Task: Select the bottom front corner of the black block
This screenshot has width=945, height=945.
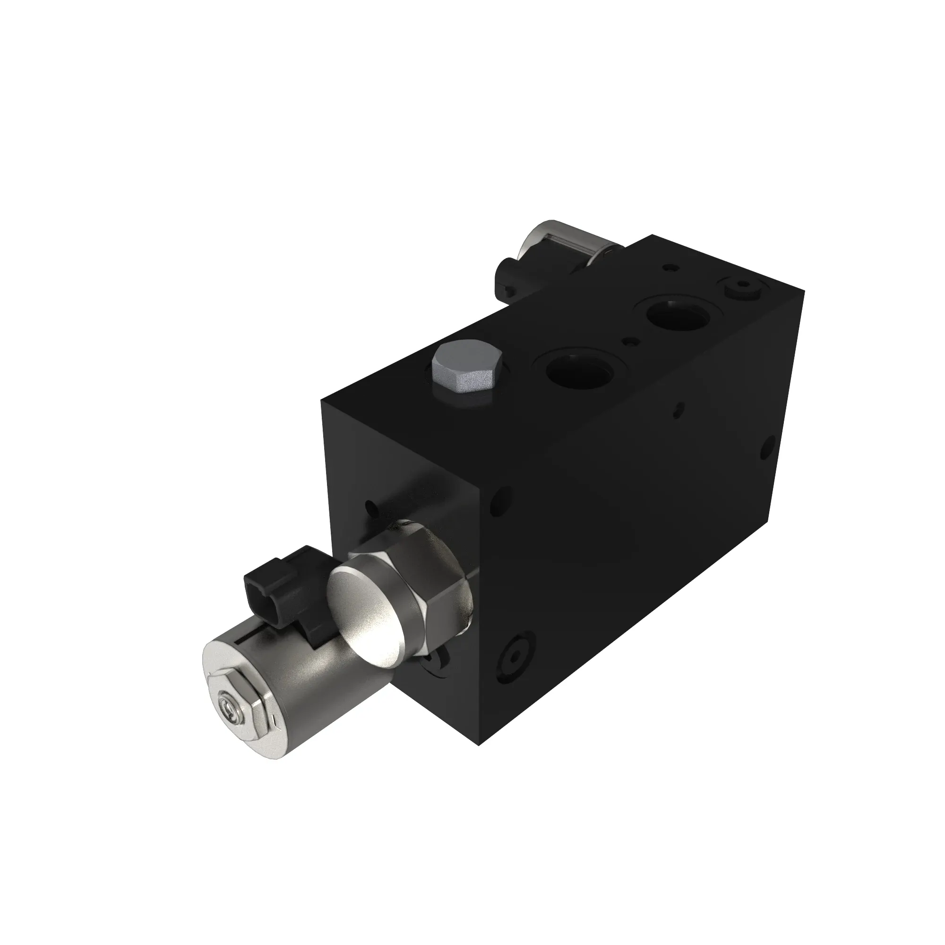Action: pyautogui.click(x=478, y=759)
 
